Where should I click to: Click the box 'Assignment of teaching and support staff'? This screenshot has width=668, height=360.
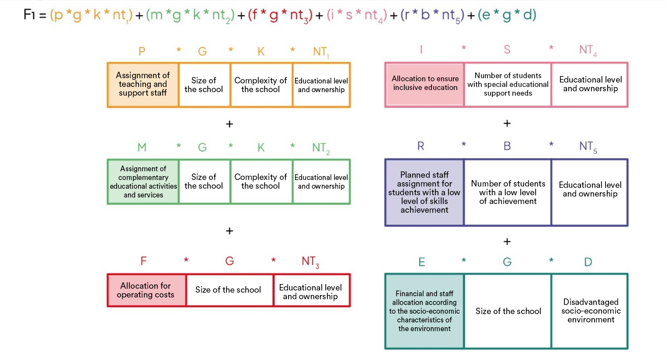click(x=143, y=85)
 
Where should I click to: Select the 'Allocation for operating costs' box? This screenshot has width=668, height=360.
click(x=146, y=290)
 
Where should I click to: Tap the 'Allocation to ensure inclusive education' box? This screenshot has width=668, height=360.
click(x=424, y=84)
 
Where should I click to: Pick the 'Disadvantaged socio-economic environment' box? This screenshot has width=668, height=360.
click(x=590, y=311)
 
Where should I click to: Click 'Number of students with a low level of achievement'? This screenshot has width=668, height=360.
click(x=508, y=192)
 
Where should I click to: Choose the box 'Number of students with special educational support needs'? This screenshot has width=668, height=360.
click(x=508, y=84)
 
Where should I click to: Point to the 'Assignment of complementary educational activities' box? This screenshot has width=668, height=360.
click(x=143, y=182)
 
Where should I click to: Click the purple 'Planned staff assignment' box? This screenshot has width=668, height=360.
click(x=424, y=192)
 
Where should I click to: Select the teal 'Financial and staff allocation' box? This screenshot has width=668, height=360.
click(x=424, y=311)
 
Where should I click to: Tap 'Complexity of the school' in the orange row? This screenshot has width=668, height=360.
click(x=261, y=85)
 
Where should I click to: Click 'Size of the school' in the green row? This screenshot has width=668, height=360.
click(x=204, y=182)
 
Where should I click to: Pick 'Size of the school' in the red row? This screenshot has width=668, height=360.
click(x=228, y=290)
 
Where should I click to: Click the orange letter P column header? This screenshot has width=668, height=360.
click(x=142, y=52)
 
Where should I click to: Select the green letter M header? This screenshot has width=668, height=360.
click(x=142, y=148)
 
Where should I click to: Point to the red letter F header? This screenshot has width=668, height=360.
click(x=143, y=261)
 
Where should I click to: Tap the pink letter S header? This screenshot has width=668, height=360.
click(x=507, y=50)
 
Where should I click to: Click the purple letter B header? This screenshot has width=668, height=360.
click(x=507, y=146)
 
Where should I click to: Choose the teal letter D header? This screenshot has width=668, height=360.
click(x=588, y=262)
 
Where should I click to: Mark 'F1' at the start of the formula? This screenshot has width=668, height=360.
click(x=29, y=15)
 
